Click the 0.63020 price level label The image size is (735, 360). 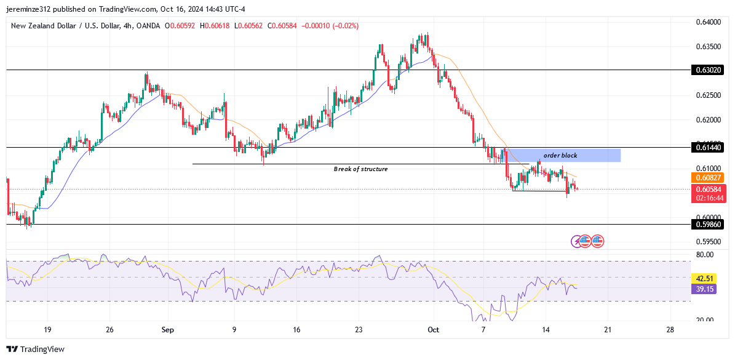click(x=707, y=70)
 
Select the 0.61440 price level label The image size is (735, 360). click(x=707, y=148)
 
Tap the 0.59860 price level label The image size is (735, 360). click(x=707, y=225)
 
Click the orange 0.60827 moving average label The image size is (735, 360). click(x=707, y=178)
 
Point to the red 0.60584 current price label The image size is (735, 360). click(x=707, y=190)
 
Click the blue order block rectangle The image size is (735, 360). click(x=563, y=155)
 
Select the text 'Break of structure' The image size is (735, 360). click(x=360, y=169)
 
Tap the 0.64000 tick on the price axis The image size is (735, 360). click(x=707, y=22)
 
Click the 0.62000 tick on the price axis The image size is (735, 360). click(x=707, y=119)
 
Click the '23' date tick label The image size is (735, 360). click(x=360, y=330)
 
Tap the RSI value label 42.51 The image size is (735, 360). click(x=702, y=278)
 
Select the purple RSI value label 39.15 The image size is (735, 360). click(x=702, y=289)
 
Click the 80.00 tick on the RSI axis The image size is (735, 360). click(x=705, y=254)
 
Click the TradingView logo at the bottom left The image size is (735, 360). click(x=36, y=349)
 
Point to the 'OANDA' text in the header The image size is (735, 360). click(x=147, y=26)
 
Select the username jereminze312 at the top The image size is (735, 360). click(x=29, y=9)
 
